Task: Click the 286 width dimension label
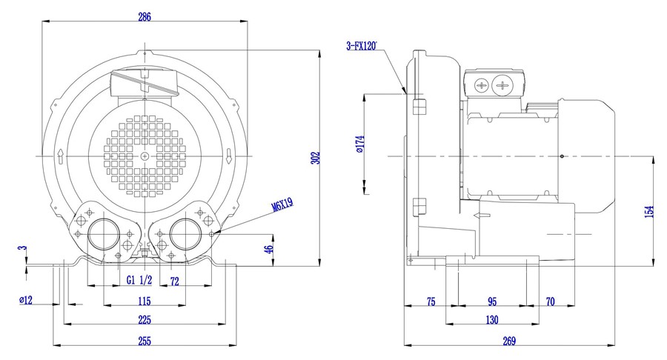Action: click(145, 17)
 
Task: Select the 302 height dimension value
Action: click(315, 158)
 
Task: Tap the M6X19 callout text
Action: click(283, 205)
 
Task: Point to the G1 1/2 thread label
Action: click(139, 280)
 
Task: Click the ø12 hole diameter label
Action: click(26, 300)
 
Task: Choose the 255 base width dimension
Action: click(145, 341)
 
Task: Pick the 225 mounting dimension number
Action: click(145, 319)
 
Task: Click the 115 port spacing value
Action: click(145, 301)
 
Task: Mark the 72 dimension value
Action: click(174, 281)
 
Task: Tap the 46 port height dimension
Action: click(268, 250)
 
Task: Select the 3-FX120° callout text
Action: click(362, 46)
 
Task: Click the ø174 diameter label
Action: click(360, 144)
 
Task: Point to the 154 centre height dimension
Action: click(649, 212)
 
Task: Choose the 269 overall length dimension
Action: click(509, 341)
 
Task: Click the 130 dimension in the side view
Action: click(492, 319)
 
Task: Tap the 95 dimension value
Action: click(492, 301)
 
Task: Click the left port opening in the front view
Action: click(104, 234)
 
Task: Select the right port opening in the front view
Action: click(186, 234)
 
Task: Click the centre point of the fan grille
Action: click(145, 156)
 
